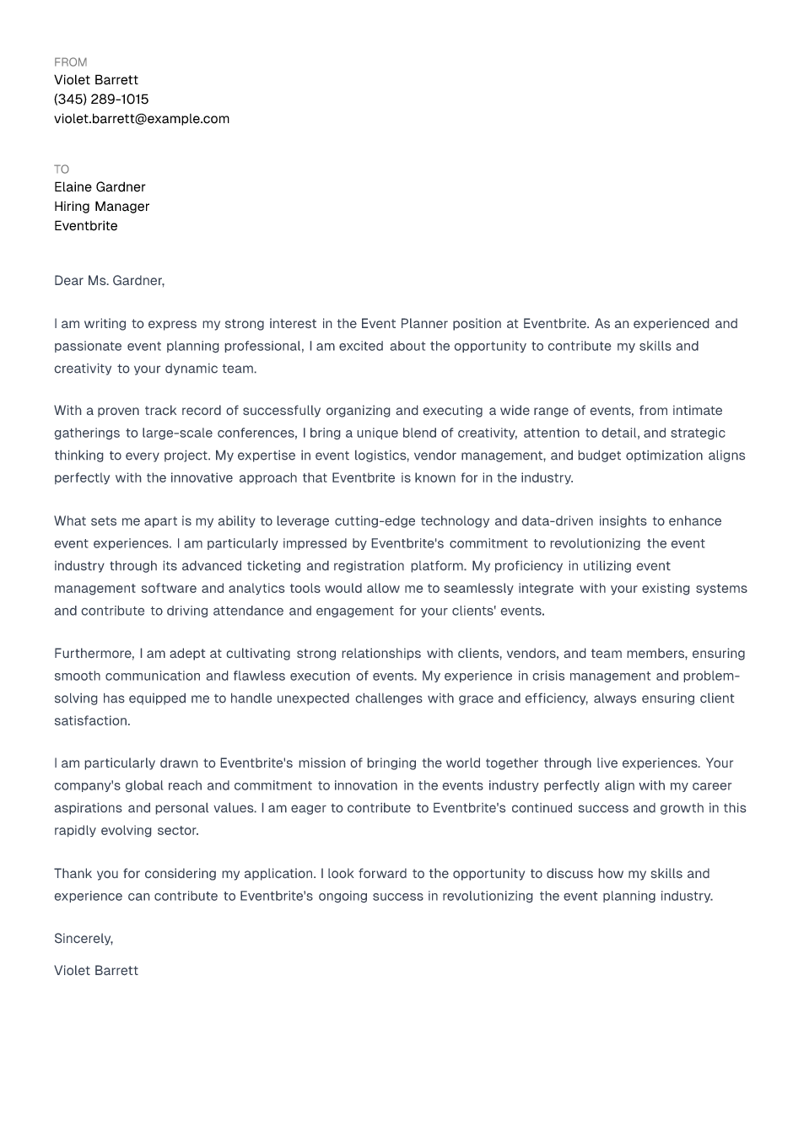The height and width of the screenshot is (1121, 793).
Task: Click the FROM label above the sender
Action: pos(70,62)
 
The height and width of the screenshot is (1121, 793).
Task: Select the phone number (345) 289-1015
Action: pos(101,100)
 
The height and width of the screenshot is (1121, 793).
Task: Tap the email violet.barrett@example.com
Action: pos(142,119)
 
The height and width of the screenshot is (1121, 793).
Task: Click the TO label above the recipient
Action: pos(62,170)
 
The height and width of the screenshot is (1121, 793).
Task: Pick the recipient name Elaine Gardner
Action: pos(100,187)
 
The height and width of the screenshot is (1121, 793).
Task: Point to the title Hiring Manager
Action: pos(101,207)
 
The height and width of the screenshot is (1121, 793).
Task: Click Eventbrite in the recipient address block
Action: pos(86,226)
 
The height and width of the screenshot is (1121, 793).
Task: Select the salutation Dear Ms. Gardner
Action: pos(109,281)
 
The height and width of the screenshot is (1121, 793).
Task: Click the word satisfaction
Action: pos(91,721)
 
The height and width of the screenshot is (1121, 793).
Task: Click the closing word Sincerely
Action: pos(83,939)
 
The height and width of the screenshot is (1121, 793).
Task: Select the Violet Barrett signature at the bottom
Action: pos(96,971)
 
